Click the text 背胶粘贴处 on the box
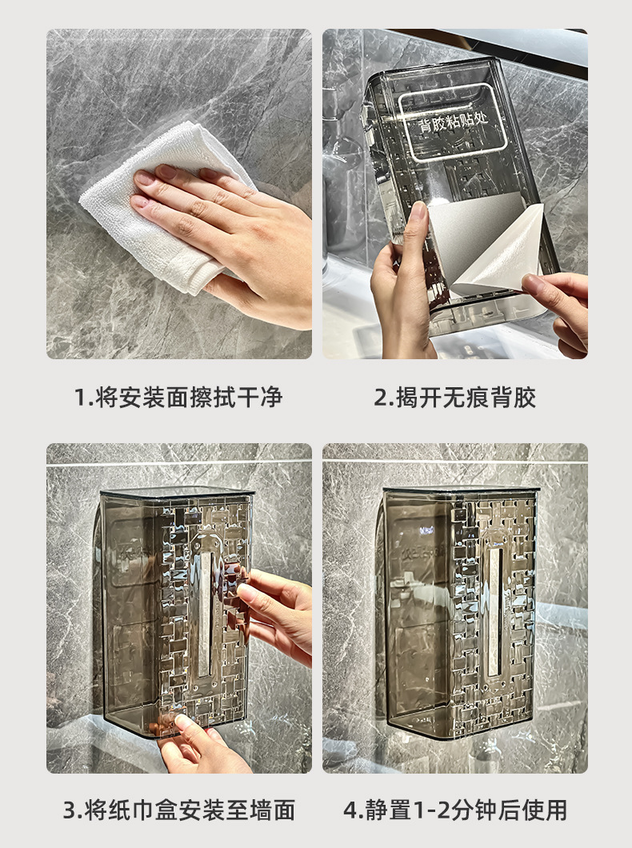[x=453, y=123]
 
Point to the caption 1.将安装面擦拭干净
[x=178, y=398]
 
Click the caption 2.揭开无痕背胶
[x=454, y=398]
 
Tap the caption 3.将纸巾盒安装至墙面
[x=179, y=810]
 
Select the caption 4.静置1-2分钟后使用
[x=455, y=810]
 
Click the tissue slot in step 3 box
[x=204, y=614]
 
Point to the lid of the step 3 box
[x=178, y=492]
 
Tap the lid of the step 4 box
[x=461, y=490]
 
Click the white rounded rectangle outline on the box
[x=453, y=122]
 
